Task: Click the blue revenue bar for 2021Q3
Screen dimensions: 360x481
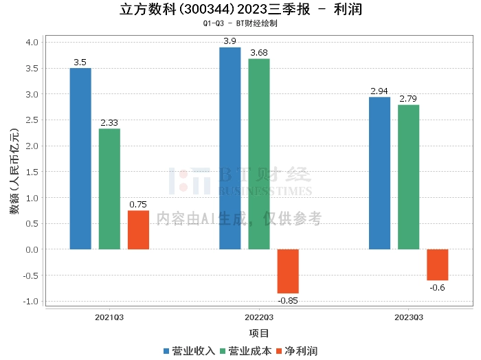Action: coord(80,158)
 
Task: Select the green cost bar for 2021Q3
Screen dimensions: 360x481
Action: coord(109,189)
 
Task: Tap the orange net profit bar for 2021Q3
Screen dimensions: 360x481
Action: coord(138,229)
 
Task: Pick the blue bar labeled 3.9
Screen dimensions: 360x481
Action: coord(230,148)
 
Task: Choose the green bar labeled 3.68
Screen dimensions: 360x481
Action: coord(259,154)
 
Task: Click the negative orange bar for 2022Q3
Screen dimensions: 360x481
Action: coord(288,271)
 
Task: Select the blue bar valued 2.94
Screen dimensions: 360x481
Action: coord(379,173)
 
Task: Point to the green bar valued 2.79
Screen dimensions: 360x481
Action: coord(408,177)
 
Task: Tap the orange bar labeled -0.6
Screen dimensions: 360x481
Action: coord(437,265)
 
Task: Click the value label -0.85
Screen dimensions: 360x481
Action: coord(288,300)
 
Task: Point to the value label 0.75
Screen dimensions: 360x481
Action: coord(138,204)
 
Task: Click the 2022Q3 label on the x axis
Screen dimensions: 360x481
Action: coord(259,317)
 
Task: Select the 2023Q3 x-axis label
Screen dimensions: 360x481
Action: coord(408,317)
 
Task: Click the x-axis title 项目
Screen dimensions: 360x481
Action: coord(259,333)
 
